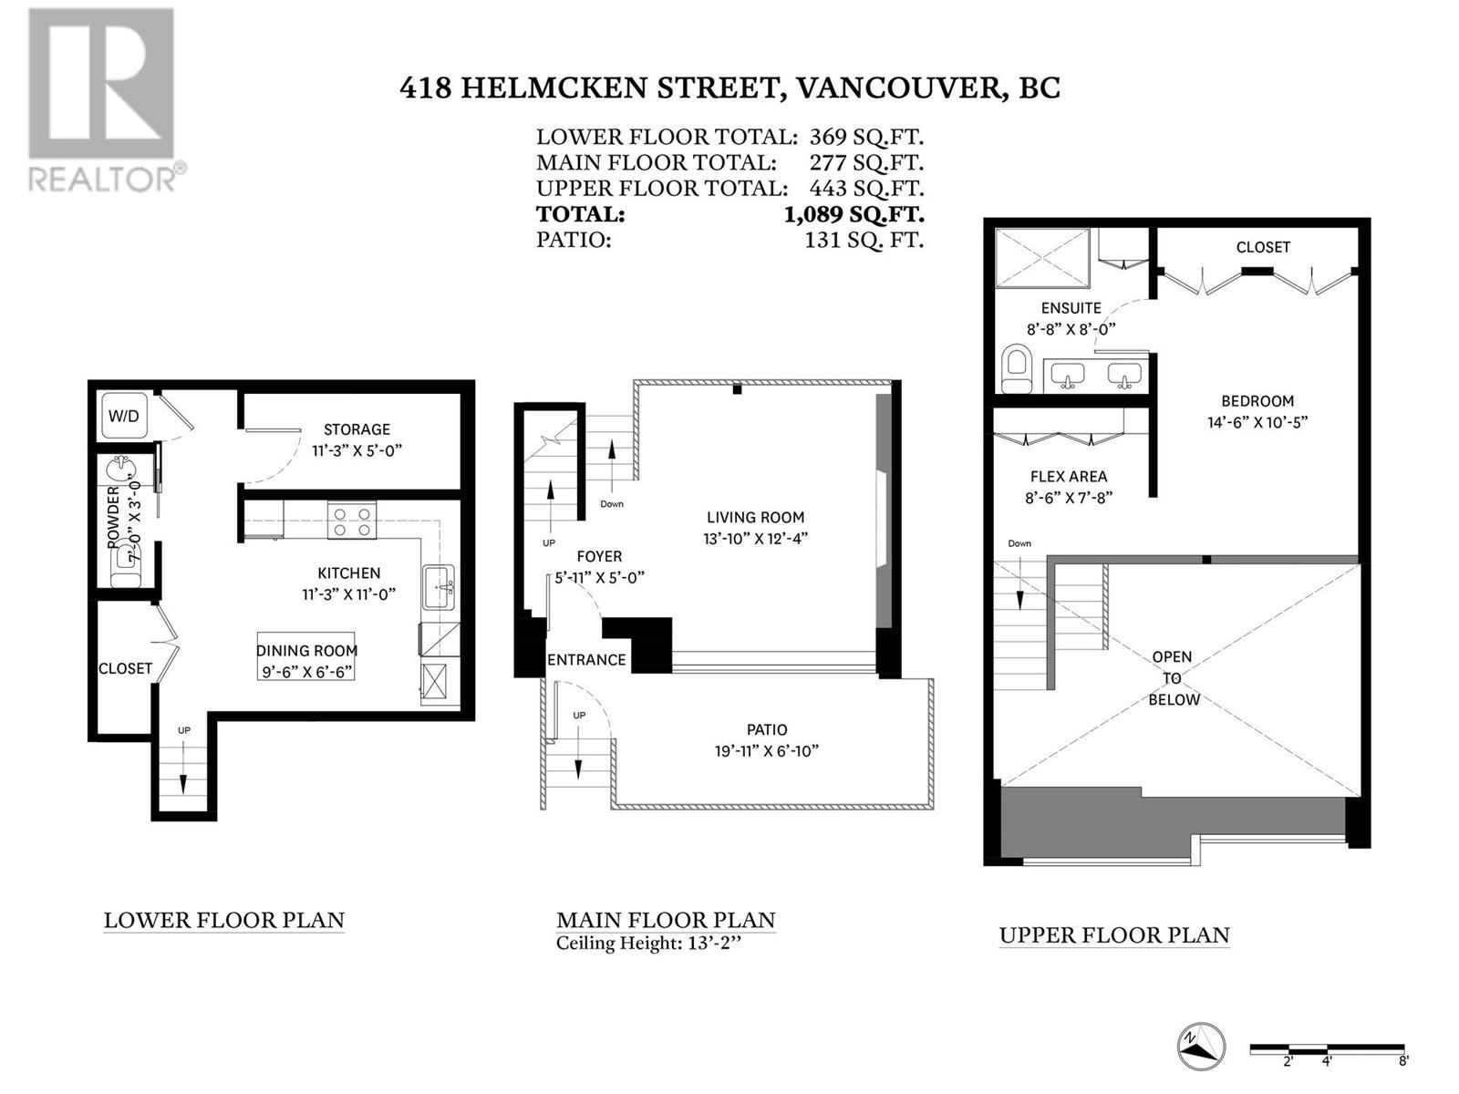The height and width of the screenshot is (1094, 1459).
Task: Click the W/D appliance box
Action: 124,416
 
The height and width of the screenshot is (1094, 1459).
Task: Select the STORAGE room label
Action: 357,429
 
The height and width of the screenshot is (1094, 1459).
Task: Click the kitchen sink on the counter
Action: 439,588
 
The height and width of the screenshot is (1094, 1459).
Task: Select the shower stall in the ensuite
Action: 1041,259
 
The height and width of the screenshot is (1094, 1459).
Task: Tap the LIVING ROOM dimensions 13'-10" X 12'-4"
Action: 756,539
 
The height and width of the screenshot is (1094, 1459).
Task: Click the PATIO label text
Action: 766,729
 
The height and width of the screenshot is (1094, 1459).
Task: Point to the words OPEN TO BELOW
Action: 1173,678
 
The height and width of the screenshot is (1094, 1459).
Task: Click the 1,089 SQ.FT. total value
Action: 854,215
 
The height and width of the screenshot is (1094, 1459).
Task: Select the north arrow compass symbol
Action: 1200,1047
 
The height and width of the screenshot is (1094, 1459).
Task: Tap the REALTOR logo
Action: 102,100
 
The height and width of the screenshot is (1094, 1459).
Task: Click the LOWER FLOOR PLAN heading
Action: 224,920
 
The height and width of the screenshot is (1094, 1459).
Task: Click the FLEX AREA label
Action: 1068,476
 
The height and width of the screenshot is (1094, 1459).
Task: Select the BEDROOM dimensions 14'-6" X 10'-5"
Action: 1257,422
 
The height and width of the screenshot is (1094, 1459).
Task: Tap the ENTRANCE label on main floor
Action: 586,659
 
